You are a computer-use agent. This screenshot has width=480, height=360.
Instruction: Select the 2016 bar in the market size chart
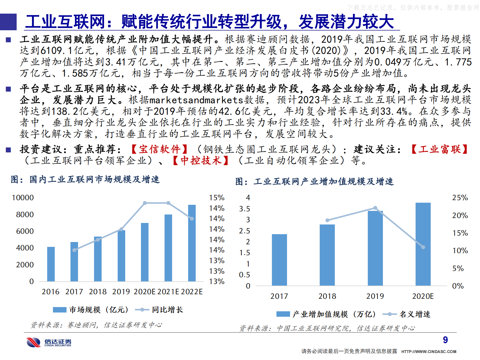(x=51, y=264)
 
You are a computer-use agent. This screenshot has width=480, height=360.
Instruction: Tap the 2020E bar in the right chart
(x=423, y=244)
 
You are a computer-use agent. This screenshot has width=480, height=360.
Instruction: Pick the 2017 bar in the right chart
(x=279, y=260)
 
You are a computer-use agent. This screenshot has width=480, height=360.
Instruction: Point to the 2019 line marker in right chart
(x=375, y=208)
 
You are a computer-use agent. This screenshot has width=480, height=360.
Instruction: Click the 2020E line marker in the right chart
(x=423, y=247)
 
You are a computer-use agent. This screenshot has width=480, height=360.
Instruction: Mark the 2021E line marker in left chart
(x=168, y=203)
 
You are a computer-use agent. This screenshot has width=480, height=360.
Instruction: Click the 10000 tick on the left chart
(x=23, y=198)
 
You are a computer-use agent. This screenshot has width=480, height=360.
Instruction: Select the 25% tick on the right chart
(x=460, y=198)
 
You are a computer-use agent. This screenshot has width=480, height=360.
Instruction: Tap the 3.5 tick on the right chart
(x=244, y=209)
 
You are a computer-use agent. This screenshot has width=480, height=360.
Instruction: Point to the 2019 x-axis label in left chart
(x=121, y=292)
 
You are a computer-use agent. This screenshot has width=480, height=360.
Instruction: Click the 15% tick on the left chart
(x=217, y=198)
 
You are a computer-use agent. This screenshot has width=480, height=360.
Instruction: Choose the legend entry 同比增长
(x=167, y=310)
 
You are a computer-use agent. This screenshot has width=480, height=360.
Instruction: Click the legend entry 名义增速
(x=415, y=314)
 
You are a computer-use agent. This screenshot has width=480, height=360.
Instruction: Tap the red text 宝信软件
(x=160, y=149)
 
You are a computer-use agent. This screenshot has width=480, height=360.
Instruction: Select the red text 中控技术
(x=201, y=160)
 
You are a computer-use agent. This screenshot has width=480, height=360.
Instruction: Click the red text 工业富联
(x=439, y=149)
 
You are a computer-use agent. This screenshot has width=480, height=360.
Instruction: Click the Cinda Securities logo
(x=49, y=342)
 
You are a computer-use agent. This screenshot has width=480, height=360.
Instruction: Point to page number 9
(x=445, y=340)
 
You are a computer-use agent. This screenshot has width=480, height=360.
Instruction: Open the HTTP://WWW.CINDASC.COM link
(x=429, y=352)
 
